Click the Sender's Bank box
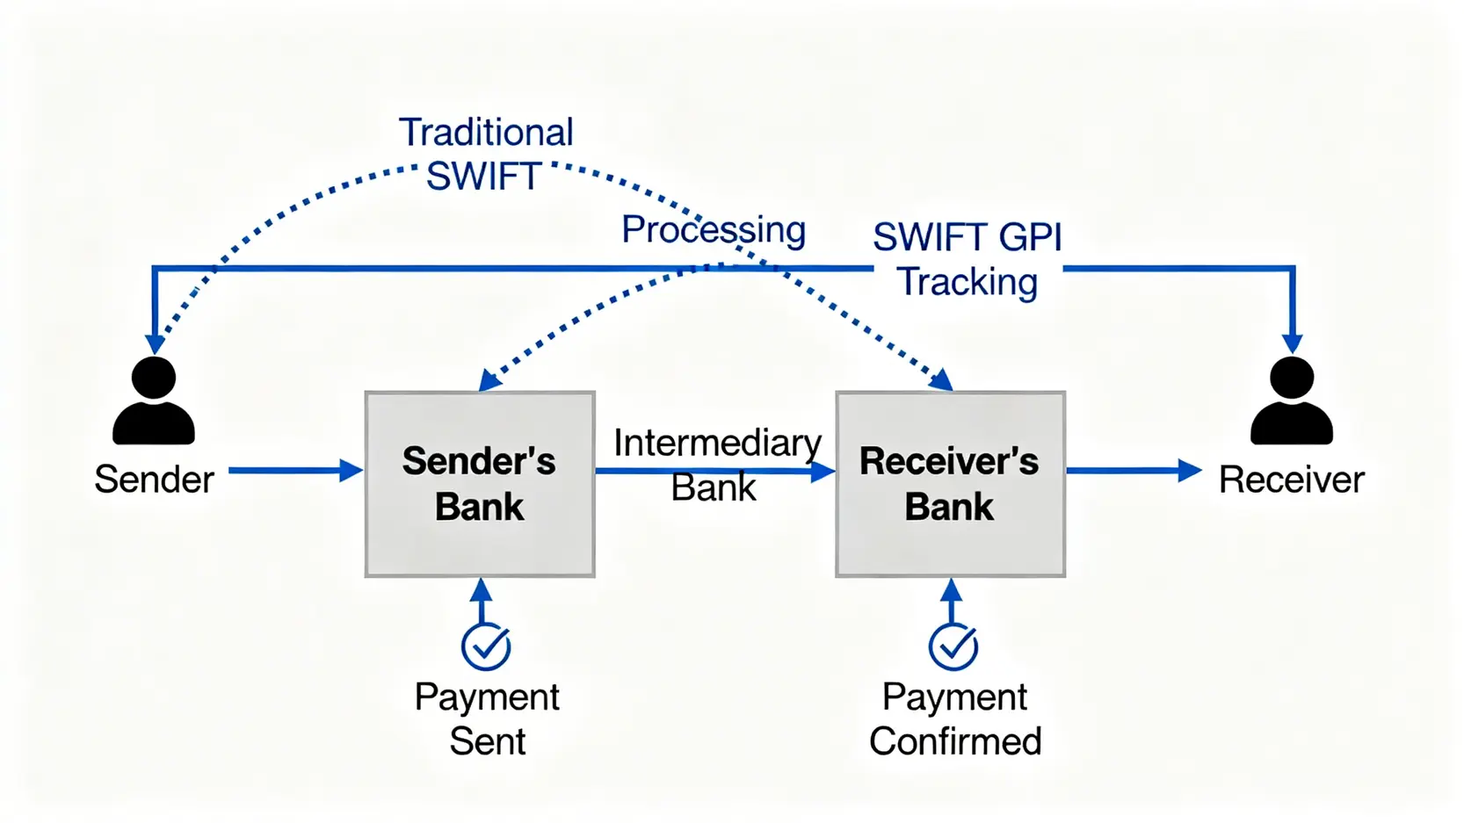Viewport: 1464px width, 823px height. point(480,484)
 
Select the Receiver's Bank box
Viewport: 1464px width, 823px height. point(950,484)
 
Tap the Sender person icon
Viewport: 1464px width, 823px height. point(154,401)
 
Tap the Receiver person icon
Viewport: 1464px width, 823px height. point(1291,401)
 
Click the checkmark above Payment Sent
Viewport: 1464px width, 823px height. point(486,646)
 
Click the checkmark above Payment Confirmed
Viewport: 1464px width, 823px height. point(953,646)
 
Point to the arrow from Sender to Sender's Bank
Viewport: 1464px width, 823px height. point(294,471)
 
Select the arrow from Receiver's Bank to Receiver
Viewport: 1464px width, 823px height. point(1133,471)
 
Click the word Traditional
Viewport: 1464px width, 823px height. point(486,133)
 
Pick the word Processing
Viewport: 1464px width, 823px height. point(714,230)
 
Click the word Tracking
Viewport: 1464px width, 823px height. point(967,282)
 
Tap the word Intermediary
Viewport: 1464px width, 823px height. point(717,443)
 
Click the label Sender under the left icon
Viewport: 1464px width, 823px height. point(154,480)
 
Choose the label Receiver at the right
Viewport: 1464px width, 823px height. point(1291,480)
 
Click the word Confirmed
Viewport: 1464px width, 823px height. point(955,741)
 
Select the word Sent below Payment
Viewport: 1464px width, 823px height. point(487,741)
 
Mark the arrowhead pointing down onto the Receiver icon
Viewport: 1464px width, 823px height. point(1292,343)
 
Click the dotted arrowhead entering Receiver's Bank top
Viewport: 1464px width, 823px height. point(942,380)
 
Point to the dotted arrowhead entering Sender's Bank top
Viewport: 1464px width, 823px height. point(489,380)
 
